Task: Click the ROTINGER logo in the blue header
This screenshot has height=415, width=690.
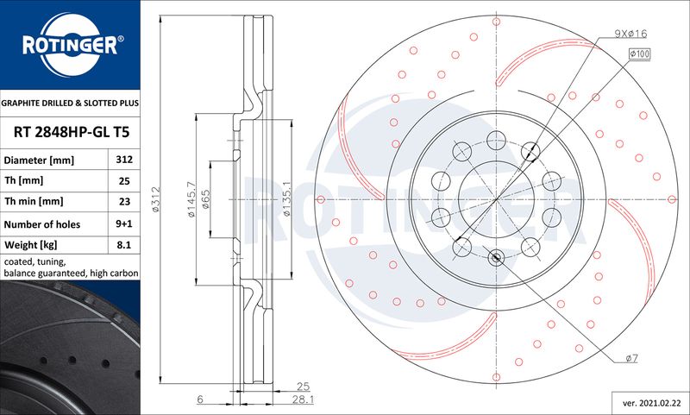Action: [71, 45]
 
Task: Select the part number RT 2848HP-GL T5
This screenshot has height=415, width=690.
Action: [72, 132]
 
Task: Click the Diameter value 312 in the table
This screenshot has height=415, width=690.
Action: [124, 160]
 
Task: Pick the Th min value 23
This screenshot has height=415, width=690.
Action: [124, 201]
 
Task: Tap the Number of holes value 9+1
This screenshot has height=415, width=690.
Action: [124, 223]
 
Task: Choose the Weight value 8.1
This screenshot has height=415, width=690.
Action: [124, 245]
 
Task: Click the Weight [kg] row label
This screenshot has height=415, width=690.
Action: [30, 245]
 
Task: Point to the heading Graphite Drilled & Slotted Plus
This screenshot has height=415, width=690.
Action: [70, 103]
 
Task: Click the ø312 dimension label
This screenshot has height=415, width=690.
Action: [156, 200]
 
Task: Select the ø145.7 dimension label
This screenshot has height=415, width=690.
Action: [191, 199]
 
